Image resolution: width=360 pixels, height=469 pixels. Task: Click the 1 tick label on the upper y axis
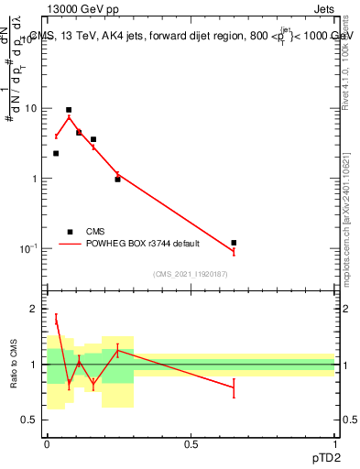tap(34, 179)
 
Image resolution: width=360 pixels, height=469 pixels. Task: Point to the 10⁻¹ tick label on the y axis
tap(29, 248)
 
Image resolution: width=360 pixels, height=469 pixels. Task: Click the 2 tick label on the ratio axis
tap(35, 309)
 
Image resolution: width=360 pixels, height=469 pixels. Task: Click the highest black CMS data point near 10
tap(69, 110)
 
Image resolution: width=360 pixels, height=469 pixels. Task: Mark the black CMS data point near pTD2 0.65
tap(234, 243)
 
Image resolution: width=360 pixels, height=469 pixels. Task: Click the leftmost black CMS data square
tap(56, 153)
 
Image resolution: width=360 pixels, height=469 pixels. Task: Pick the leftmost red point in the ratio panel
tap(56, 320)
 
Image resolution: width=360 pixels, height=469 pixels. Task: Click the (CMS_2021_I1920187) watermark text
tap(190, 274)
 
